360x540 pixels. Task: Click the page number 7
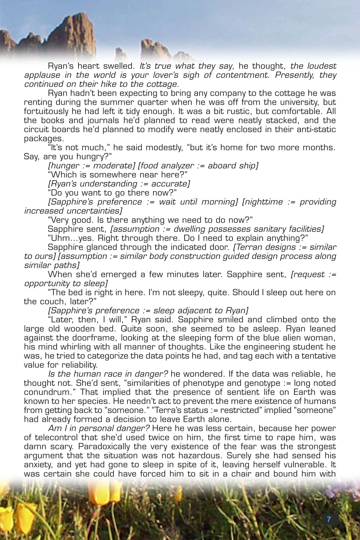(x=329, y=519)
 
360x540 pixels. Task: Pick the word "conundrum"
(x=46, y=392)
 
